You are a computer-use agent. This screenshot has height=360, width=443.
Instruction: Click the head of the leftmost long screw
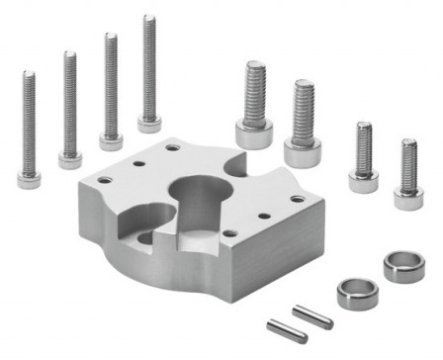pos(29,179)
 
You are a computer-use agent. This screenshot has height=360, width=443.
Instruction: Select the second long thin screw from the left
pos(70,109)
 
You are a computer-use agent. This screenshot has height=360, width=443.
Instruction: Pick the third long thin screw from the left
pos(110,89)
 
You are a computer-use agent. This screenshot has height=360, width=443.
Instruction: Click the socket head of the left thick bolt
pos(254,134)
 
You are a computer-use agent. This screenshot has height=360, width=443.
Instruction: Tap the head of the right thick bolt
pos(303,151)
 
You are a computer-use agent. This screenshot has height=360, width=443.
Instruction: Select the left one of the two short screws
pos(363,158)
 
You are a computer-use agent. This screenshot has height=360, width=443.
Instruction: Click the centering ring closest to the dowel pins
pos(355,294)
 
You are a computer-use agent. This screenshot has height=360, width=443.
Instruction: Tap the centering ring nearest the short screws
pos(403,266)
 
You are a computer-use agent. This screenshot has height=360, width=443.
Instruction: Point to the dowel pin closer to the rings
pos(312,317)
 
